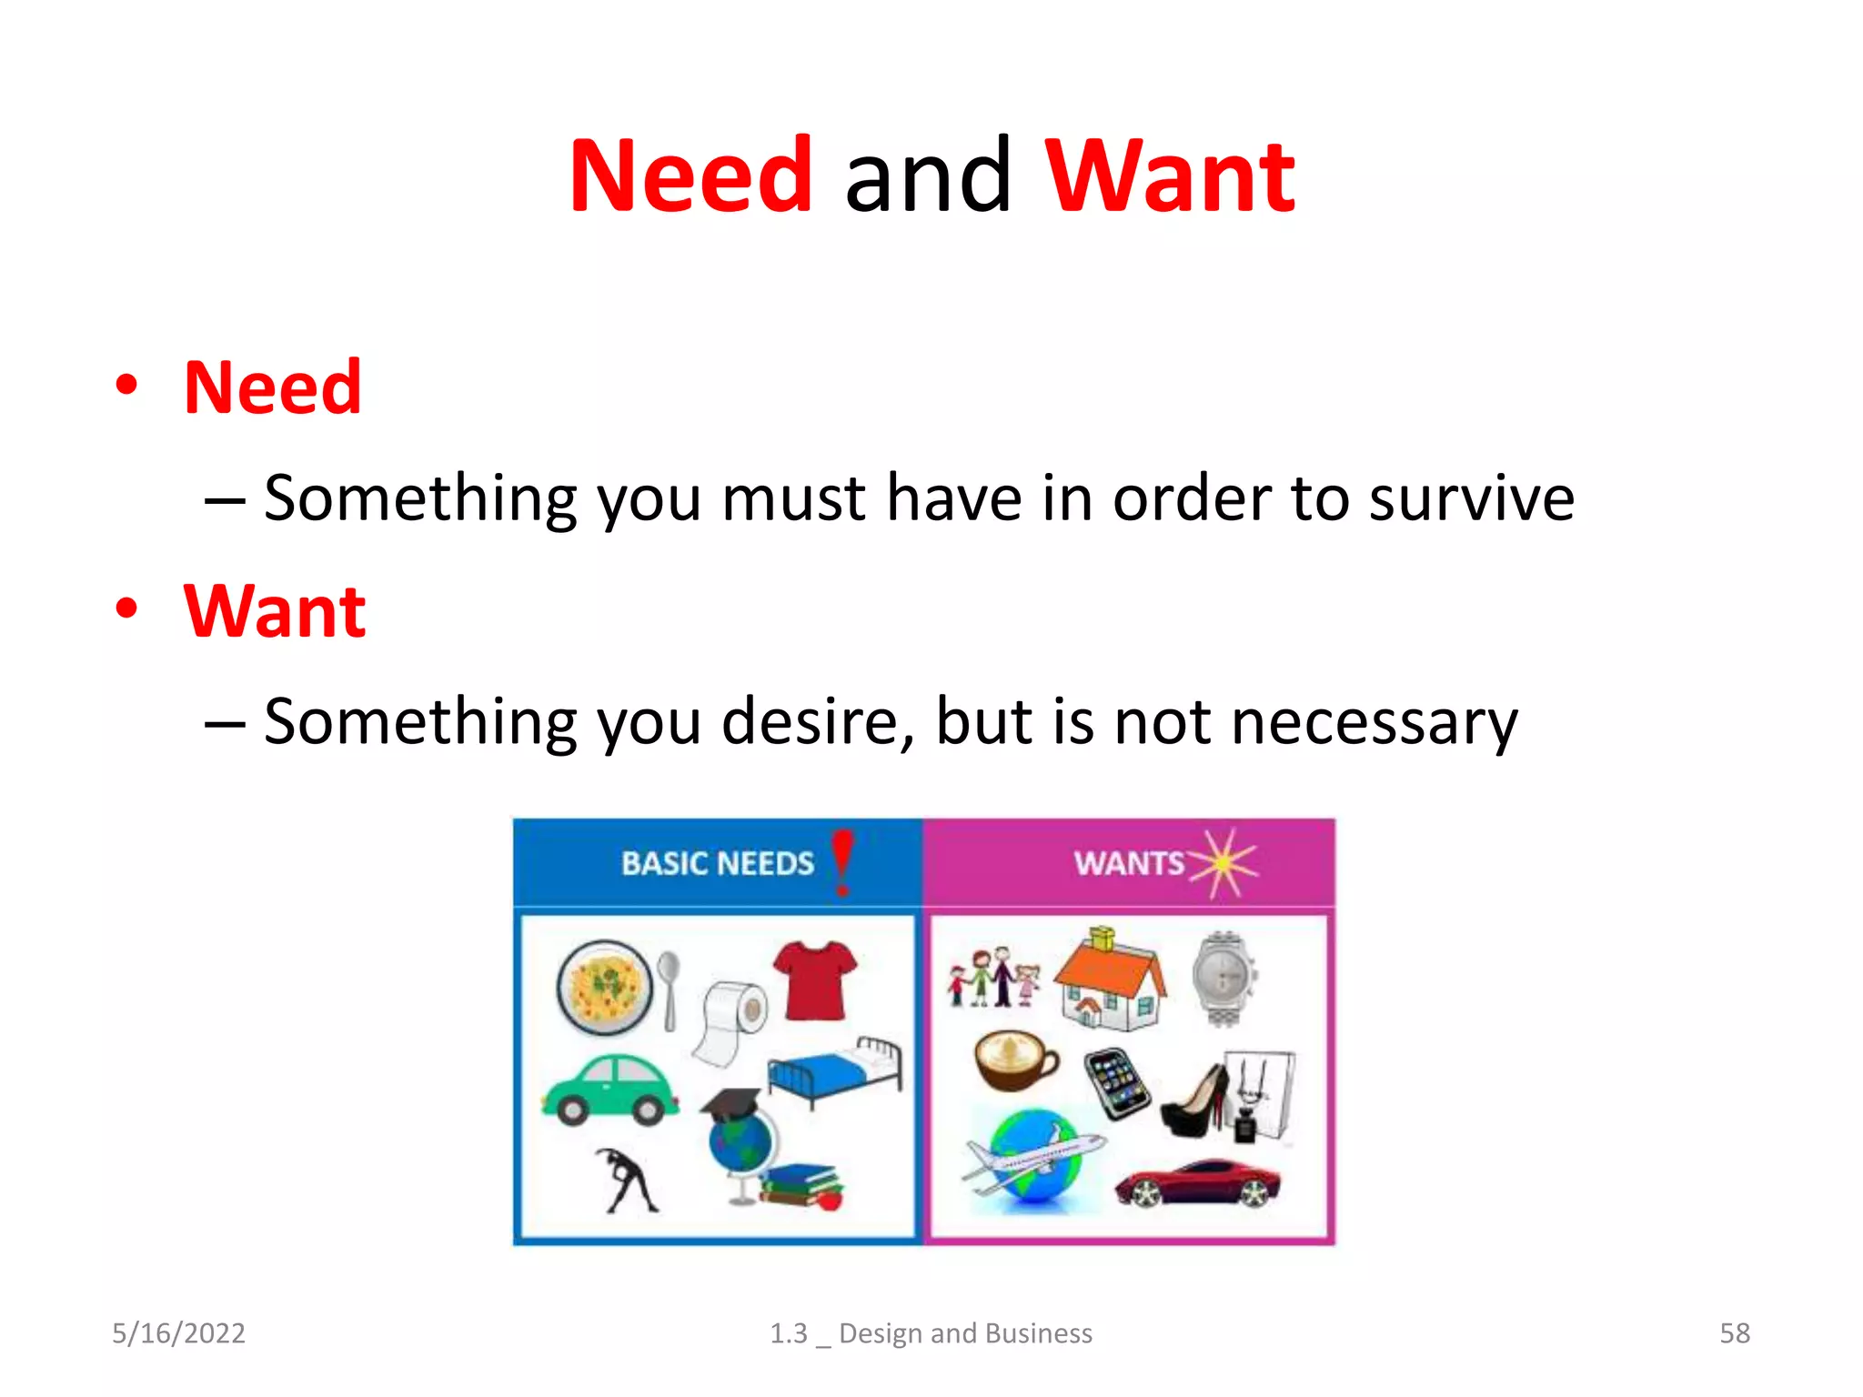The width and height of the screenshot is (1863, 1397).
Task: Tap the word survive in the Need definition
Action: click(1471, 498)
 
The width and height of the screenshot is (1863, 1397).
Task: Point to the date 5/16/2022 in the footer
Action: click(178, 1333)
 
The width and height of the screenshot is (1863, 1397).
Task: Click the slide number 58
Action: click(1734, 1333)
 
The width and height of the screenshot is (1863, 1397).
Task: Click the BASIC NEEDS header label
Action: click(717, 863)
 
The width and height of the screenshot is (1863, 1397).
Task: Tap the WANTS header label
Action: click(1128, 863)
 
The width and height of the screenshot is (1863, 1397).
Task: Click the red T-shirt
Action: click(814, 980)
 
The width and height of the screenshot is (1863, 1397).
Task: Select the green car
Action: click(609, 1090)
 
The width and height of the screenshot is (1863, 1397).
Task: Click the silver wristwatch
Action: click(1224, 979)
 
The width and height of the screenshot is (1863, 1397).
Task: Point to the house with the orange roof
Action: click(1110, 982)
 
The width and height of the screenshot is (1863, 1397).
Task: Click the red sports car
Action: click(1197, 1182)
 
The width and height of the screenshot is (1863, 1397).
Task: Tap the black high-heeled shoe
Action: click(1194, 1102)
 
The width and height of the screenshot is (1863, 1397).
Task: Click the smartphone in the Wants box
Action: click(1117, 1082)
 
